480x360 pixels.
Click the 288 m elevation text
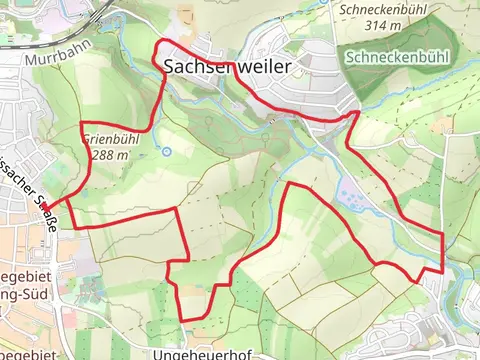(x=109, y=155)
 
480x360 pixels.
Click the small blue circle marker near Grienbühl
(x=166, y=151)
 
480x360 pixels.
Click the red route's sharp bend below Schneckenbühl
(x=356, y=114)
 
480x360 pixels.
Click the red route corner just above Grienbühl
(x=81, y=123)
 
